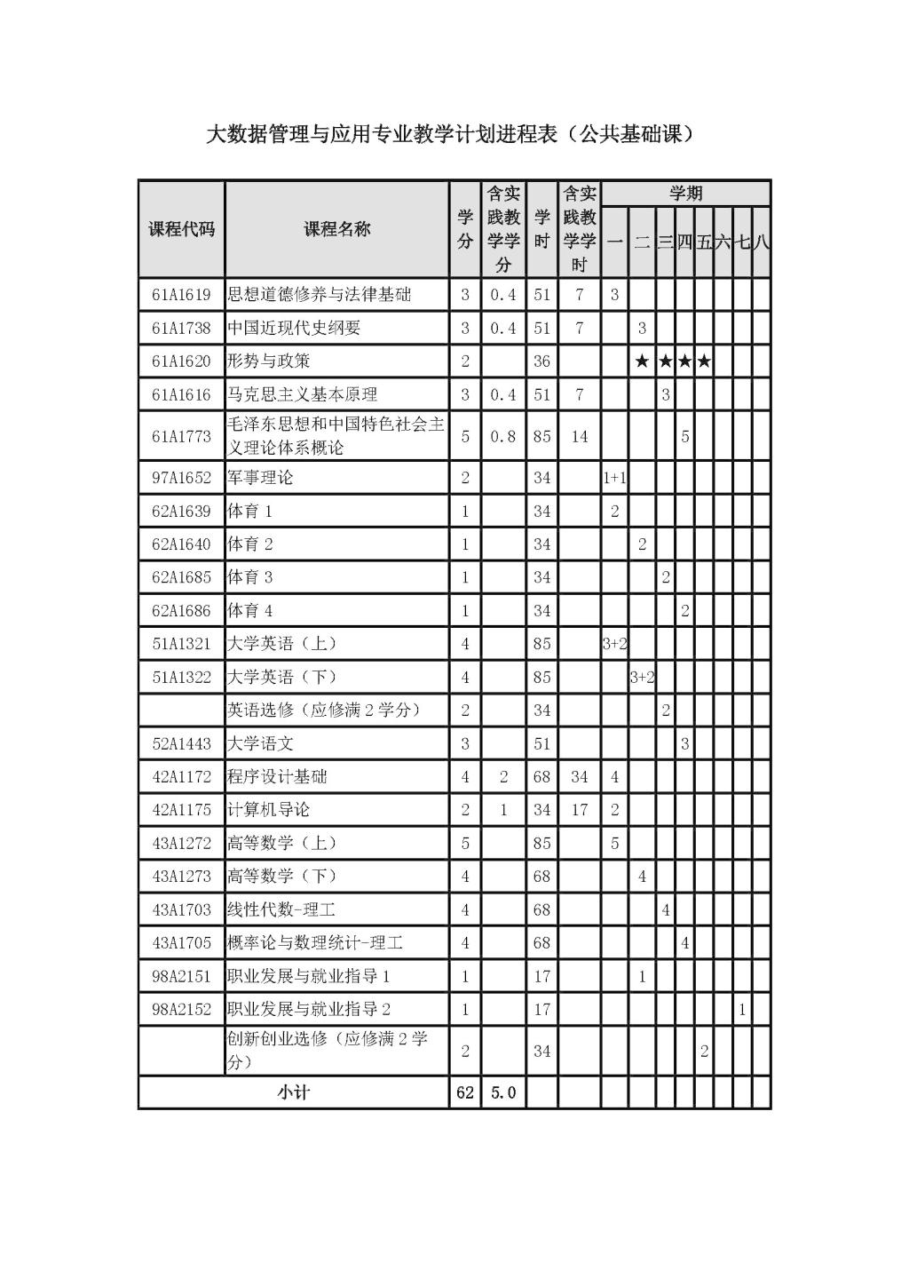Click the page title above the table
[449, 135]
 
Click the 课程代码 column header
[181, 229]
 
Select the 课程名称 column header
[336, 229]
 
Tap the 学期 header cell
[685, 194]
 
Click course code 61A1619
[181, 295]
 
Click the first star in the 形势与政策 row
[642, 361]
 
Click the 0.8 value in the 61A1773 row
[502, 436]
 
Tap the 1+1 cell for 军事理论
[614, 478]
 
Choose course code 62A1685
[181, 577]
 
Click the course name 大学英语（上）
[282, 644]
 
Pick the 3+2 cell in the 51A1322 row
[642, 678]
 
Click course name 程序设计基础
[277, 777]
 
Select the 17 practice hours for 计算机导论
[579, 810]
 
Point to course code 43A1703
[181, 909]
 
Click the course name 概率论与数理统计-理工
[315, 943]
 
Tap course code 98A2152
[181, 1009]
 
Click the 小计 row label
[293, 1092]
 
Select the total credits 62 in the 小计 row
[464, 1092]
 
